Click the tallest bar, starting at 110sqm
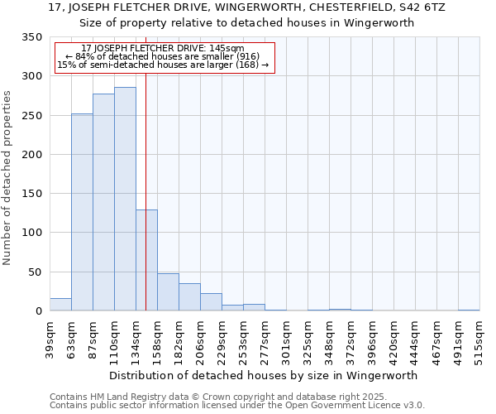125,199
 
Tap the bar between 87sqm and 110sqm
103,202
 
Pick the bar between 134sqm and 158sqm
146,260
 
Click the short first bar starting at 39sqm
60,305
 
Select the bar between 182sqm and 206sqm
189,297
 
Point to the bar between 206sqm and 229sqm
211,302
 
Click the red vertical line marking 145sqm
145,166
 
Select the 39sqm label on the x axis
50,339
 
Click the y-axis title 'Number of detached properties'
8,178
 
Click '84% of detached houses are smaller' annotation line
164,56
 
